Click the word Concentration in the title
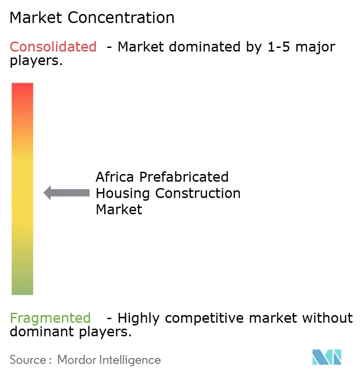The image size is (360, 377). pyautogui.click(x=122, y=18)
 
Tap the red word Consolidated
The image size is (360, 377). pyautogui.click(x=53, y=47)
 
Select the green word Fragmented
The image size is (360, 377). pyautogui.click(x=50, y=318)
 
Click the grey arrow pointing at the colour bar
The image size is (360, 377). pyautogui.click(x=66, y=193)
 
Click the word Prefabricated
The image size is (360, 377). pyautogui.click(x=185, y=177)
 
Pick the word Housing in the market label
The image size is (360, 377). pyautogui.click(x=123, y=193)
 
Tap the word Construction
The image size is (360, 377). pyautogui.click(x=198, y=193)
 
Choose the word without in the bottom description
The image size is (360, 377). pyautogui.click(x=328, y=318)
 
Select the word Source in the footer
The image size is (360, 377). pyautogui.click(x=28, y=360)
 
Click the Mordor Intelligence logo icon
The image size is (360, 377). pyautogui.click(x=327, y=358)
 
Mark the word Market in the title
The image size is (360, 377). pyautogui.click(x=37, y=18)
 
